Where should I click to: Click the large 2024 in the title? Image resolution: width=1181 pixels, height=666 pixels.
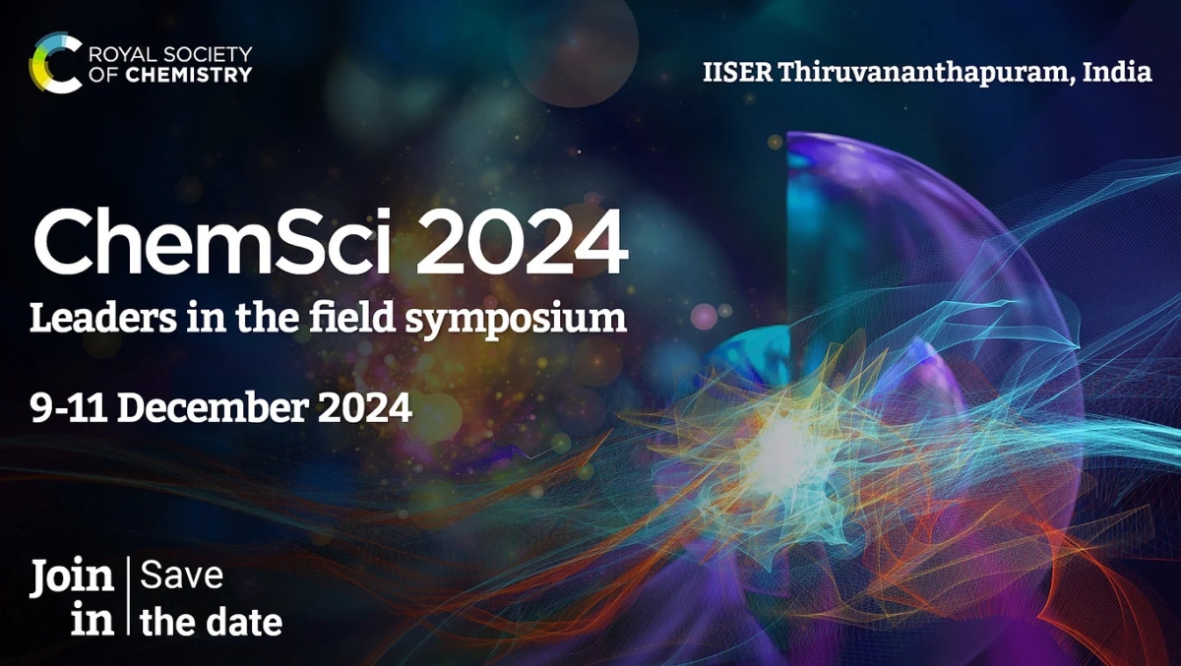(x=522, y=244)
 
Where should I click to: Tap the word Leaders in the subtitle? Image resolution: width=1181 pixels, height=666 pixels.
(x=90, y=319)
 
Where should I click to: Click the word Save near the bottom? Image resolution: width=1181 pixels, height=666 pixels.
(x=182, y=576)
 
